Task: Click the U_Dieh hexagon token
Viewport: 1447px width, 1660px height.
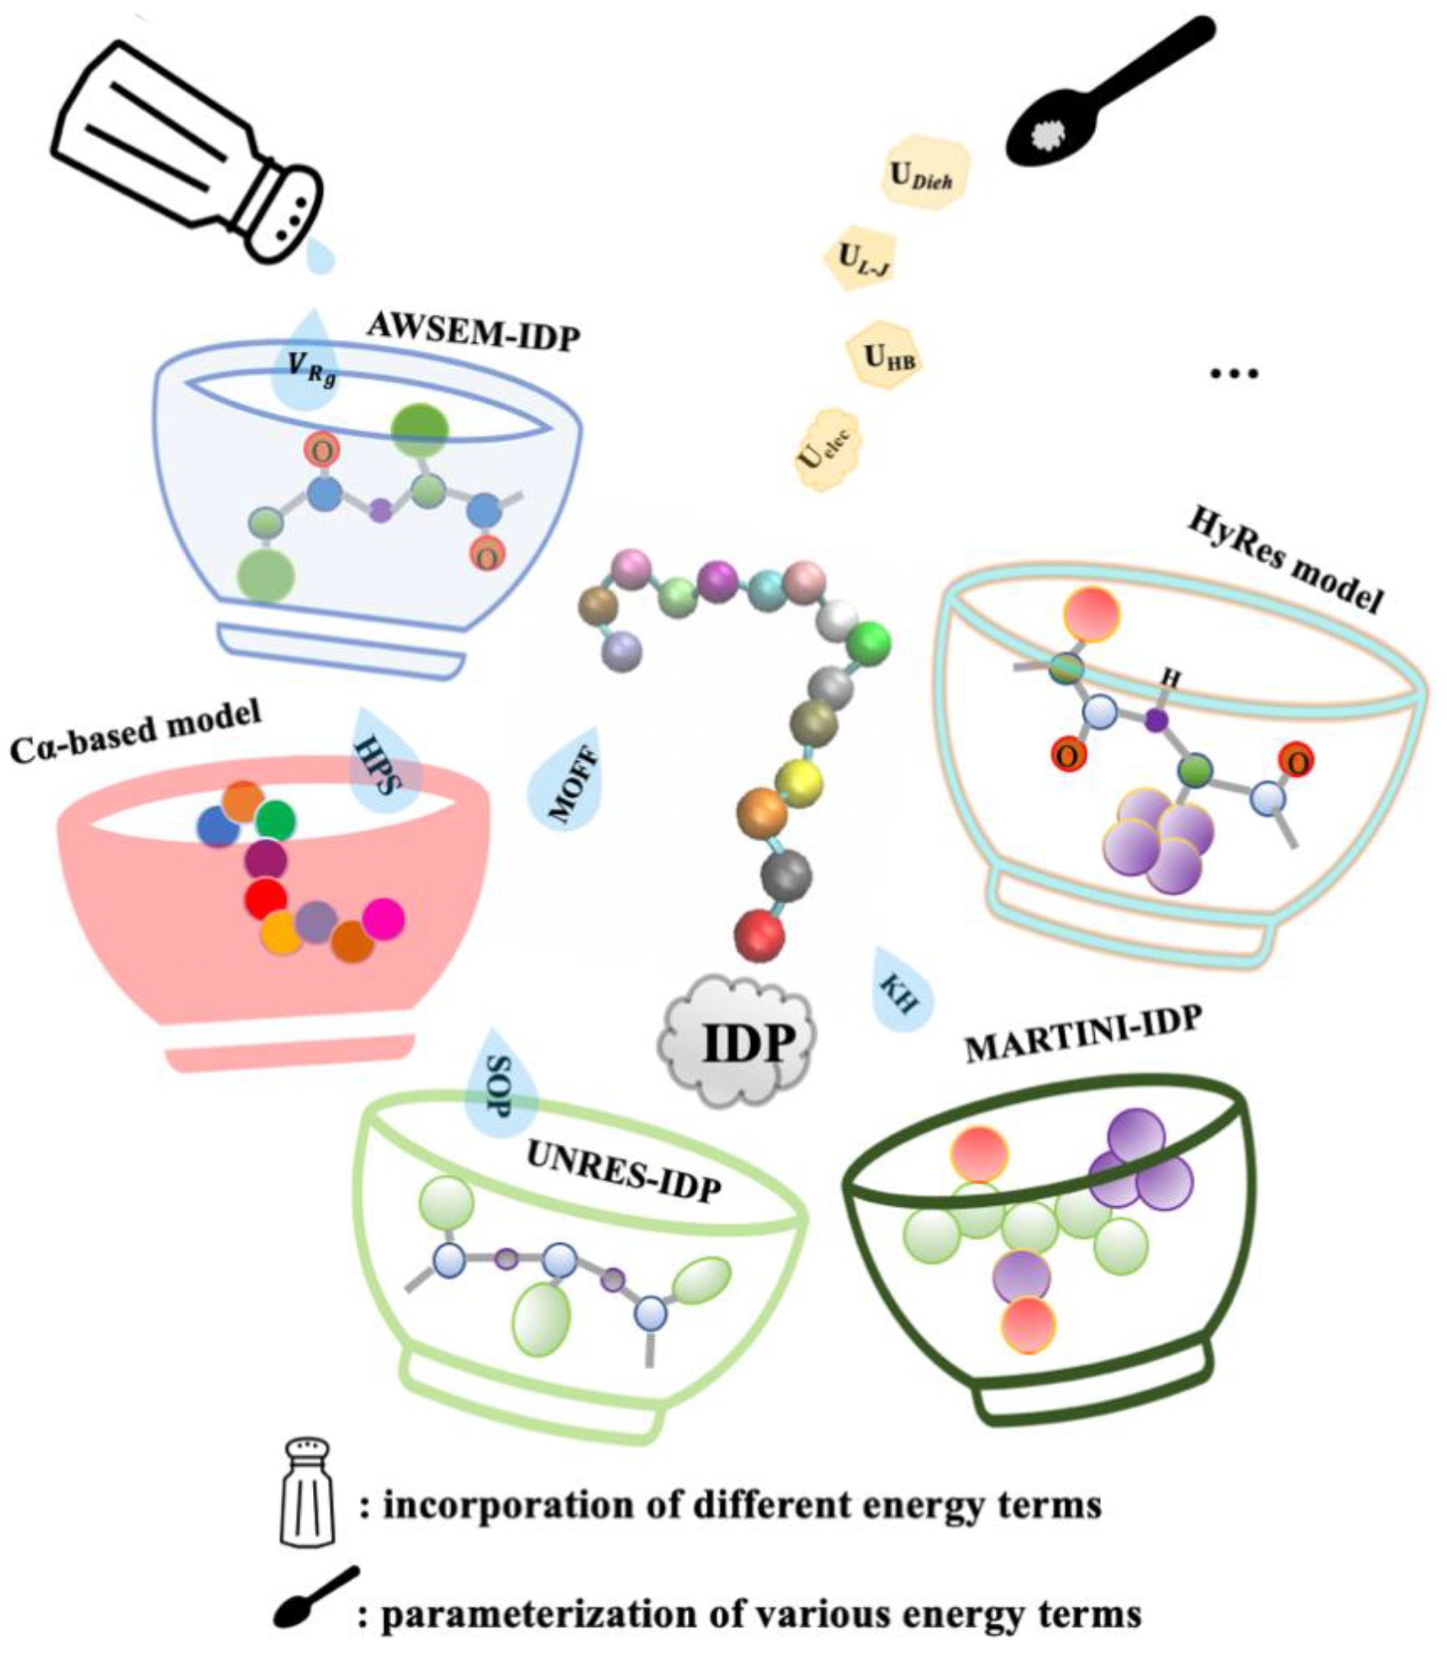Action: pyautogui.click(x=923, y=174)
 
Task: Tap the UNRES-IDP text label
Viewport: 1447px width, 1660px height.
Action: pyautogui.click(x=623, y=1172)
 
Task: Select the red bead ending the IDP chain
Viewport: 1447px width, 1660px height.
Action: pyautogui.click(x=759, y=935)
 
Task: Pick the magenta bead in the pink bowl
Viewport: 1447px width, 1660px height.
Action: pyautogui.click(x=383, y=919)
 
